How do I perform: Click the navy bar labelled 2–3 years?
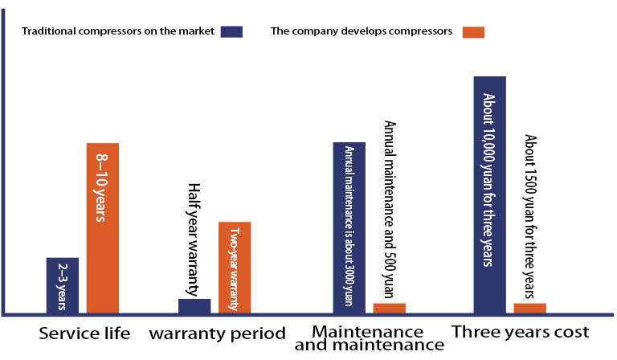point(63,285)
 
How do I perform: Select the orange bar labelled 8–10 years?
point(103,228)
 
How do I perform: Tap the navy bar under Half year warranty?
point(194,306)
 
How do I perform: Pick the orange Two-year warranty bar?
point(235,268)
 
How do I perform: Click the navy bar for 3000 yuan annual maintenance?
point(349,227)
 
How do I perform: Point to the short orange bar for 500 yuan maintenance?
point(389,309)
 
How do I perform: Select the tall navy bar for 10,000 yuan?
point(490,195)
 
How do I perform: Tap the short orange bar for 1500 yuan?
point(530,309)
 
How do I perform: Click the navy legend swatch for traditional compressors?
point(231,32)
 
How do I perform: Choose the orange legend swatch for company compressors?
point(473,32)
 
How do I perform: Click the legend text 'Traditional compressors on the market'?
point(118,31)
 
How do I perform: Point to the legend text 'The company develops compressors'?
point(362,31)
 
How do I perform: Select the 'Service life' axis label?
point(84,333)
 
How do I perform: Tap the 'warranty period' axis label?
point(217,333)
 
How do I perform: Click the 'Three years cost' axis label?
point(521,332)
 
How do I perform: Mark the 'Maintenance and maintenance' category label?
point(369,338)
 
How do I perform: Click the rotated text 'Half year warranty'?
point(193,239)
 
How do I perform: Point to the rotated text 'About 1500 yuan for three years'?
point(530,217)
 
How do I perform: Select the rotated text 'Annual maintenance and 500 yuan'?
point(390,209)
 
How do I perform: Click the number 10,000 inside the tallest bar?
point(488,145)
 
